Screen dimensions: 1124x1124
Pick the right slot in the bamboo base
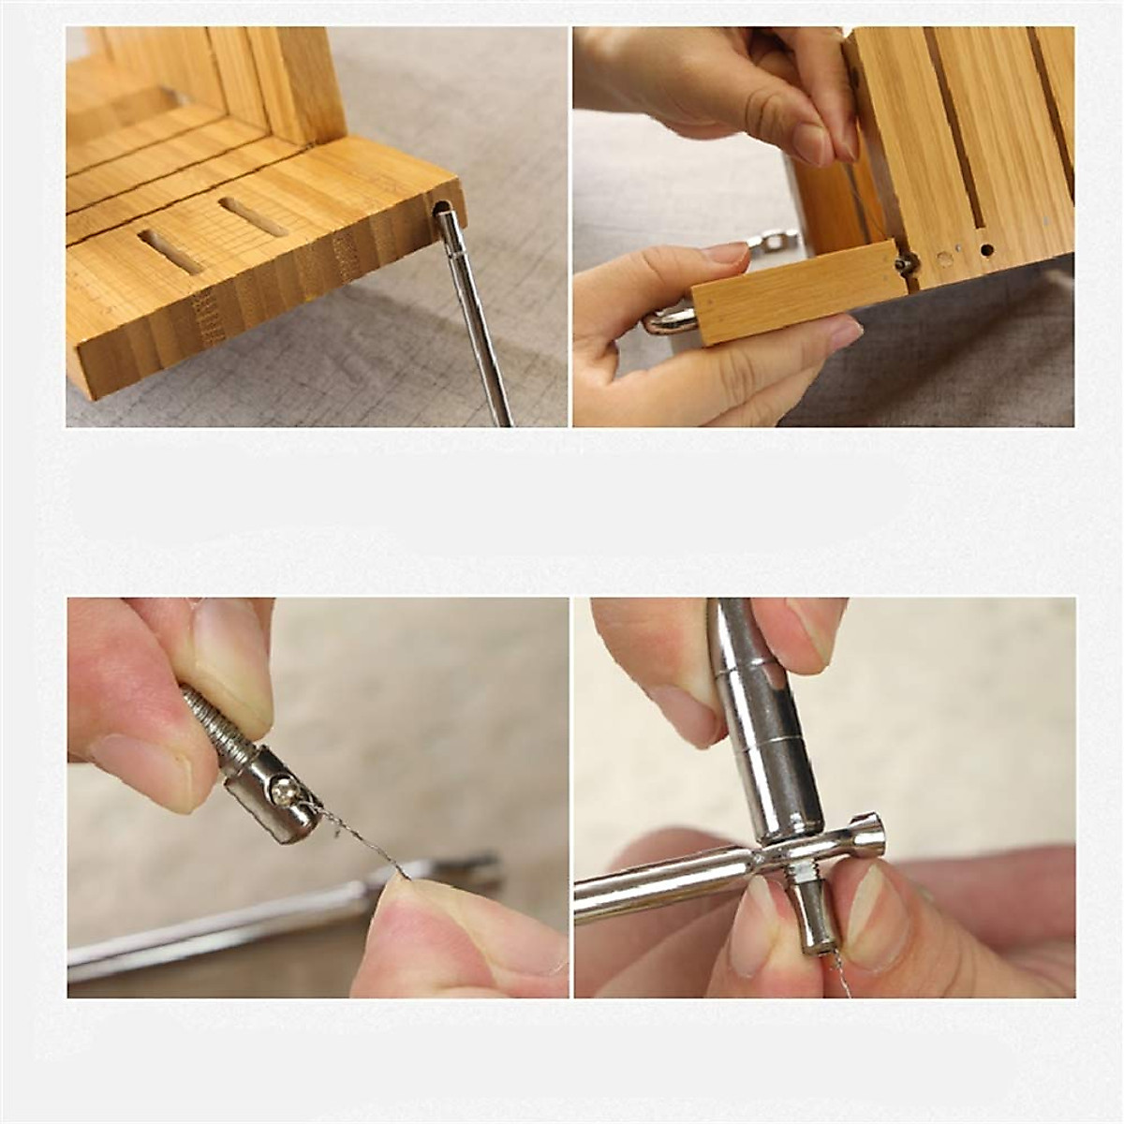click(x=253, y=216)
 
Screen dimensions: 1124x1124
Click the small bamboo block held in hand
click(x=796, y=291)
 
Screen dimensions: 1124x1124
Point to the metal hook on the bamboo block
click(x=667, y=322)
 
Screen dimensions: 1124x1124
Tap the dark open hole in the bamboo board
click(x=987, y=250)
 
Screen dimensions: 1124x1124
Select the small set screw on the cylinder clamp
click(x=282, y=793)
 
